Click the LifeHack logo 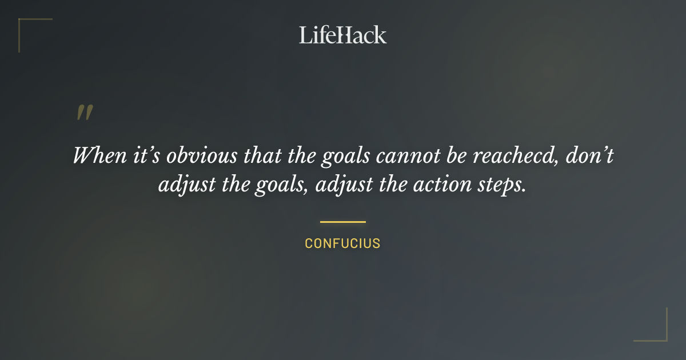click(x=343, y=35)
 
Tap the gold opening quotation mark click(x=84, y=113)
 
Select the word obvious click(x=190, y=155)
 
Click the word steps click(x=502, y=186)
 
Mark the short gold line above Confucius click(x=342, y=222)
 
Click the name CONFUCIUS click(x=342, y=243)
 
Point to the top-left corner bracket click(x=26, y=26)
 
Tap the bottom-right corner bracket click(x=660, y=334)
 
